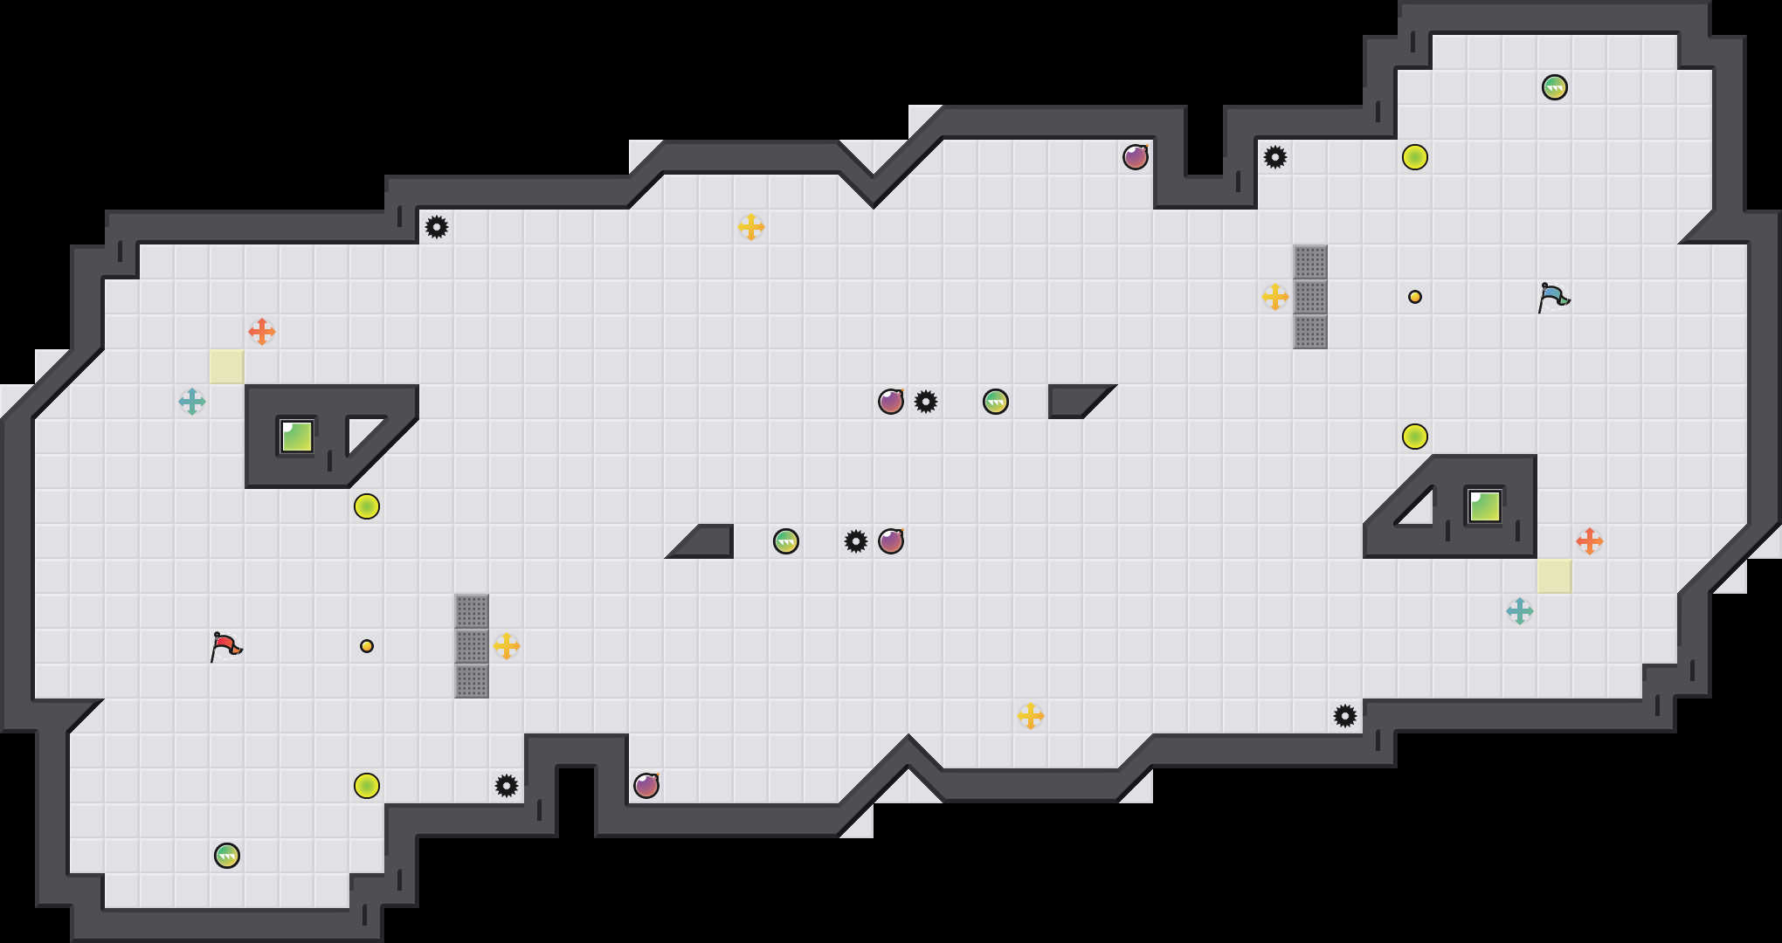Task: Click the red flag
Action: [x=225, y=646]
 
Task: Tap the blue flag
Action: [x=1553, y=297]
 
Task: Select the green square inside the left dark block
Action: [x=297, y=437]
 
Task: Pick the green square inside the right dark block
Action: [x=1484, y=506]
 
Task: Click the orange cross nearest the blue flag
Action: [x=1589, y=541]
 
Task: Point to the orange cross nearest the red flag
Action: [x=261, y=332]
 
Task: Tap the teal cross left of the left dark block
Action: [x=192, y=402]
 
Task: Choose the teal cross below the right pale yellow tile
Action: [x=1520, y=611]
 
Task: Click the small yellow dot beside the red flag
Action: [x=367, y=646]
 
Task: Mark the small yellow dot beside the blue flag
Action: [x=1415, y=297]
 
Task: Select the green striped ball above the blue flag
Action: [x=1555, y=87]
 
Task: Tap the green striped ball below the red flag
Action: [x=227, y=856]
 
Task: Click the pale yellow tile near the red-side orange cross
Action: [x=227, y=367]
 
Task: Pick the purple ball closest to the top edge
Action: [x=1136, y=157]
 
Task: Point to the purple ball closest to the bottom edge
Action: [x=646, y=786]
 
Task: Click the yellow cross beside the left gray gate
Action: [x=507, y=646]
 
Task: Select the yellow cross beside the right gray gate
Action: [x=1275, y=297]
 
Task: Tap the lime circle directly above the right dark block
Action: [x=1415, y=437]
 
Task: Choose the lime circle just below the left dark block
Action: [x=367, y=506]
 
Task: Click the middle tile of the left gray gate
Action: [x=472, y=646]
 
